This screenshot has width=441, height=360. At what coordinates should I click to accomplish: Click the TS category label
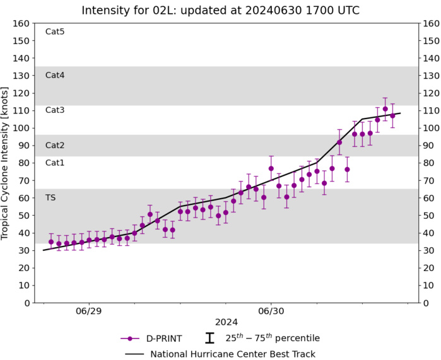click(x=50, y=198)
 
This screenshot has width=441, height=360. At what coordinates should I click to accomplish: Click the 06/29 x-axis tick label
click(x=88, y=311)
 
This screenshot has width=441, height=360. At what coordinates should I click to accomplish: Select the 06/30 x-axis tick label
click(x=271, y=311)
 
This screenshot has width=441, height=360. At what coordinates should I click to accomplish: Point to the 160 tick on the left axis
click(x=21, y=23)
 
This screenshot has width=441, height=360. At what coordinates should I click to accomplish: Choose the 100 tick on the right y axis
click(x=432, y=128)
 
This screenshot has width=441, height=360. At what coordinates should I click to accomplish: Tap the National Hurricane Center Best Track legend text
click(x=233, y=354)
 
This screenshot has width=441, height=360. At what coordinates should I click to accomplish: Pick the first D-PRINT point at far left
click(x=51, y=241)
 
